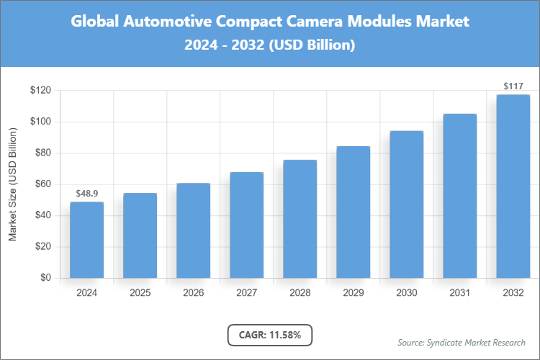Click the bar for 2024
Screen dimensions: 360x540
click(x=86, y=240)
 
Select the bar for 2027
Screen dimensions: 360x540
click(x=246, y=225)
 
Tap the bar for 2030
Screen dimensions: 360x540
click(x=406, y=204)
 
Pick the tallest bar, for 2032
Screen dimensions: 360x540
click(x=513, y=186)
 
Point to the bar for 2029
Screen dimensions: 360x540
click(x=353, y=212)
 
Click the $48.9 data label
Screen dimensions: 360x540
click(x=86, y=194)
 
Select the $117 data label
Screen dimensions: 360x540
click(x=513, y=86)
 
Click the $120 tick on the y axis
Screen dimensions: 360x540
click(x=40, y=91)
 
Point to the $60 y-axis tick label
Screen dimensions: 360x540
click(x=42, y=184)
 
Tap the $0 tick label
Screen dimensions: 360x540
click(x=45, y=278)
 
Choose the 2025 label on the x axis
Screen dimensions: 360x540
click(x=140, y=293)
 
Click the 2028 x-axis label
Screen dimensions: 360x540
click(x=300, y=293)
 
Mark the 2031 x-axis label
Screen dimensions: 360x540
click(x=459, y=293)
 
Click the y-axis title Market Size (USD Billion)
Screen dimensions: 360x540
click(x=12, y=184)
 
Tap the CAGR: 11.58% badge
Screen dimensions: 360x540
click(x=269, y=335)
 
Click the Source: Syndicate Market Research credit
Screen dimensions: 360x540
click(x=461, y=342)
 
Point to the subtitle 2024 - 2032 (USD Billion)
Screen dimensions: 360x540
click(x=269, y=45)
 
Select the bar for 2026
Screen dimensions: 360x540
click(x=193, y=230)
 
